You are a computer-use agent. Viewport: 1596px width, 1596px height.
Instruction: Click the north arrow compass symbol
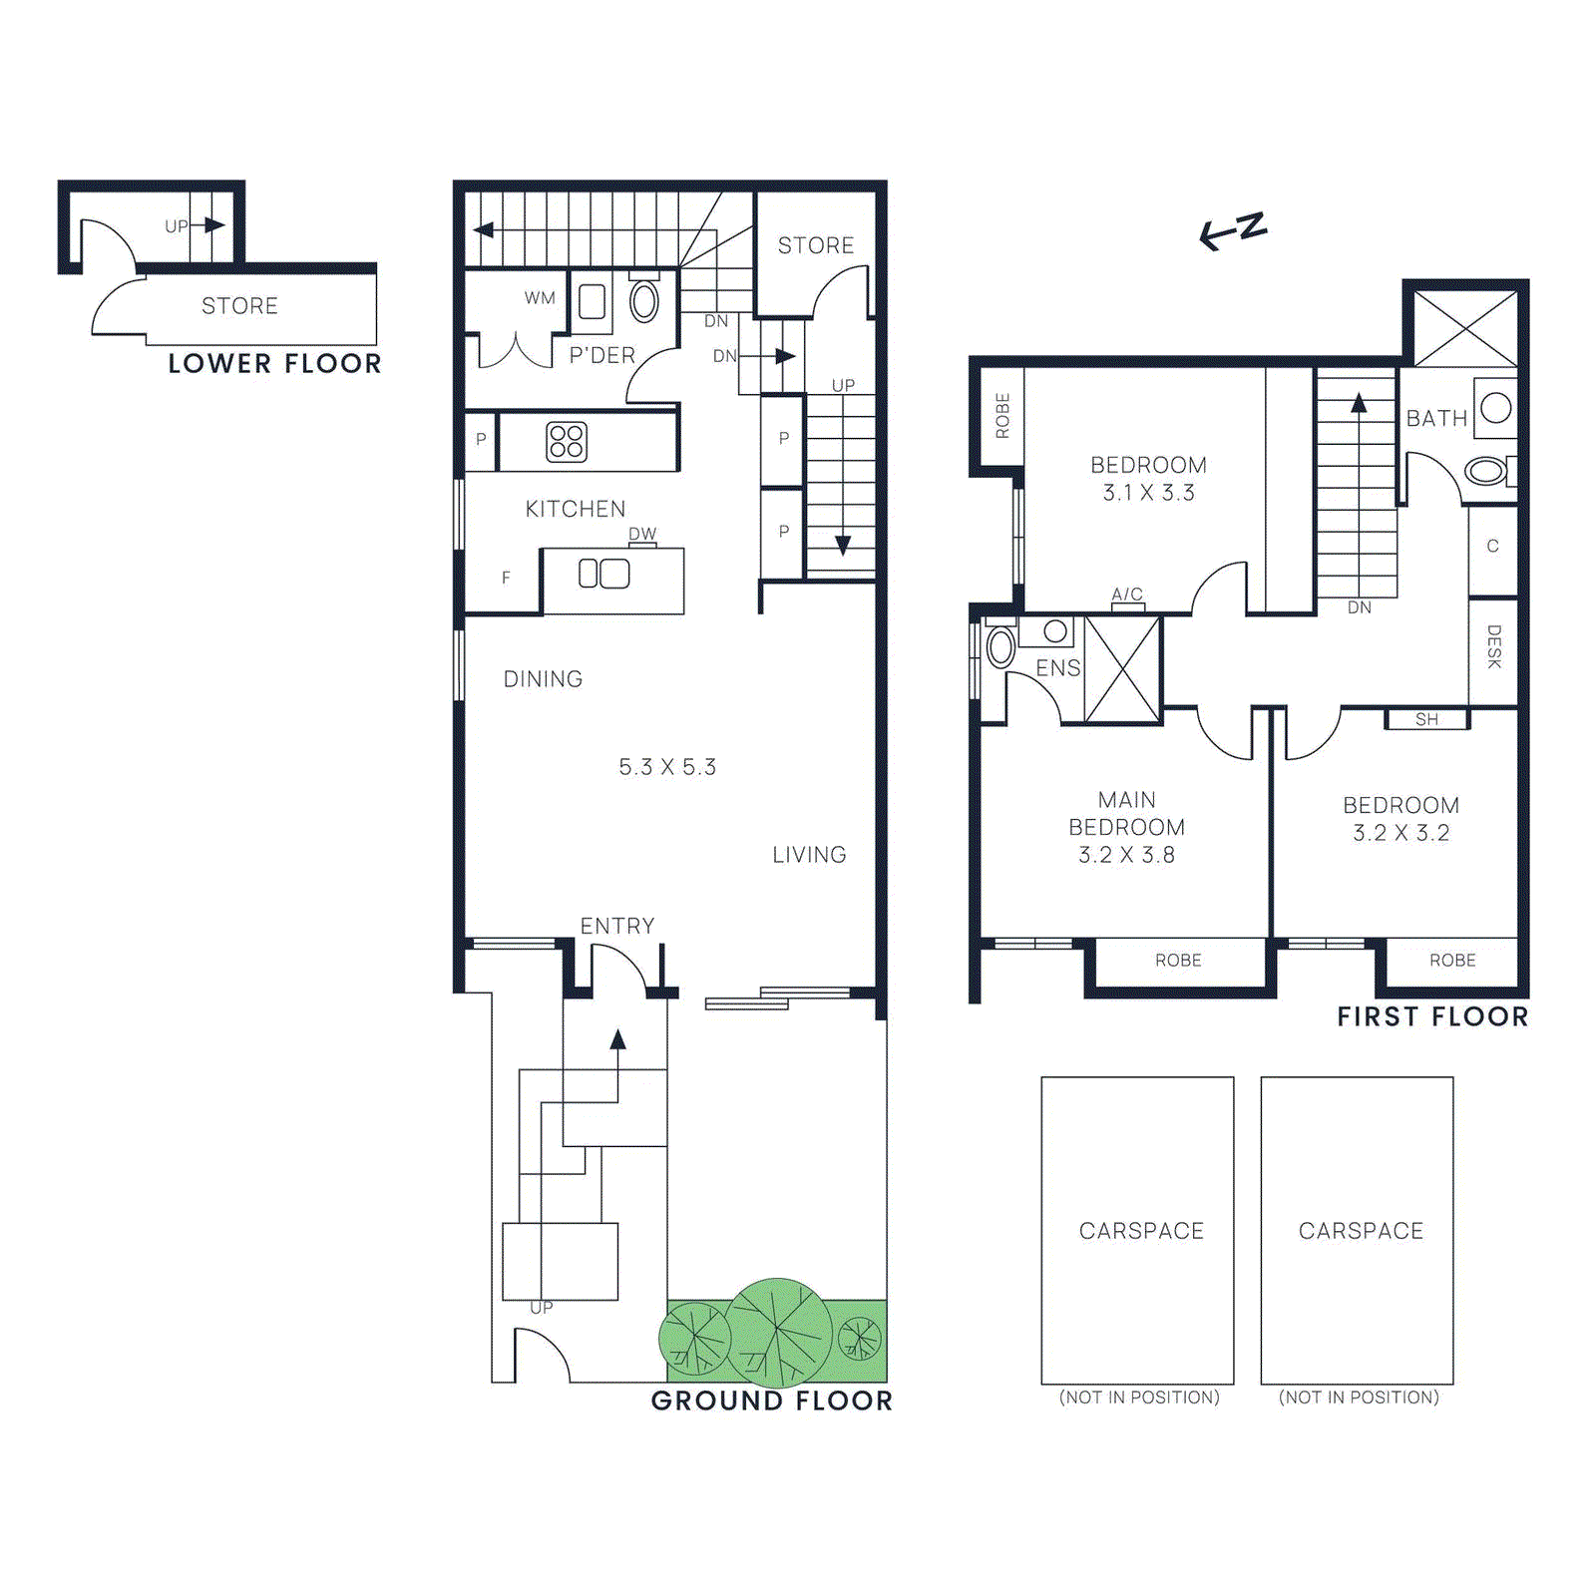[1233, 231]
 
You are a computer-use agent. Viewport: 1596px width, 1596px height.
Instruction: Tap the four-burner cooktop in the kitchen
[567, 441]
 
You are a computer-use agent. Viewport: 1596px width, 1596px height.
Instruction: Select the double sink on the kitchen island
[604, 574]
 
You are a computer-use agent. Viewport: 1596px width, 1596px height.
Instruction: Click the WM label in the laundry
[540, 298]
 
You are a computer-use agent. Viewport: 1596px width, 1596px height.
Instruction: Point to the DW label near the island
[642, 535]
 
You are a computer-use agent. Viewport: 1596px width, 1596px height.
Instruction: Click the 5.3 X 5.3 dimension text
[667, 767]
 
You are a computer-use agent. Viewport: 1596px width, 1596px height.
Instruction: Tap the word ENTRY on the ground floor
[617, 926]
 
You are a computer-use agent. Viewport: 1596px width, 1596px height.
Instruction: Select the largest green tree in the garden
[778, 1332]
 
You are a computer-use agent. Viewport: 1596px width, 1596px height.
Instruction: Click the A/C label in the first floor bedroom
[1127, 595]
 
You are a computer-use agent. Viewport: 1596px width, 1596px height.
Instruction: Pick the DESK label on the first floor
[1493, 646]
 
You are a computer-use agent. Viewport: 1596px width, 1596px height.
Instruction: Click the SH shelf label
[1426, 719]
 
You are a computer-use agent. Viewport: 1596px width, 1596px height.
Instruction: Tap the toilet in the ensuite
[1000, 646]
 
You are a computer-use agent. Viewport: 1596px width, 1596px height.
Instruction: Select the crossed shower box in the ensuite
[1122, 669]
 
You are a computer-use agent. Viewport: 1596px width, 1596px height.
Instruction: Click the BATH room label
[1436, 419]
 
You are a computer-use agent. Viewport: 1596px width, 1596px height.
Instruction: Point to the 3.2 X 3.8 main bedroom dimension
[1126, 855]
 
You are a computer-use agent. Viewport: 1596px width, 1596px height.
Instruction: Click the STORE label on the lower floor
[239, 306]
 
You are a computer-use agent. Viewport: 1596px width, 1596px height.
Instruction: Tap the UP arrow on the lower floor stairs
[211, 225]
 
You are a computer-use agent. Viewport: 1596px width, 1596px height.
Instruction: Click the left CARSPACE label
[1141, 1231]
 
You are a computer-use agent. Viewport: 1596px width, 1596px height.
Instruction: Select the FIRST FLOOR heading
[1432, 1016]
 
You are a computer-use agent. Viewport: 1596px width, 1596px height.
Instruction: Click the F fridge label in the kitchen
[506, 578]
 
